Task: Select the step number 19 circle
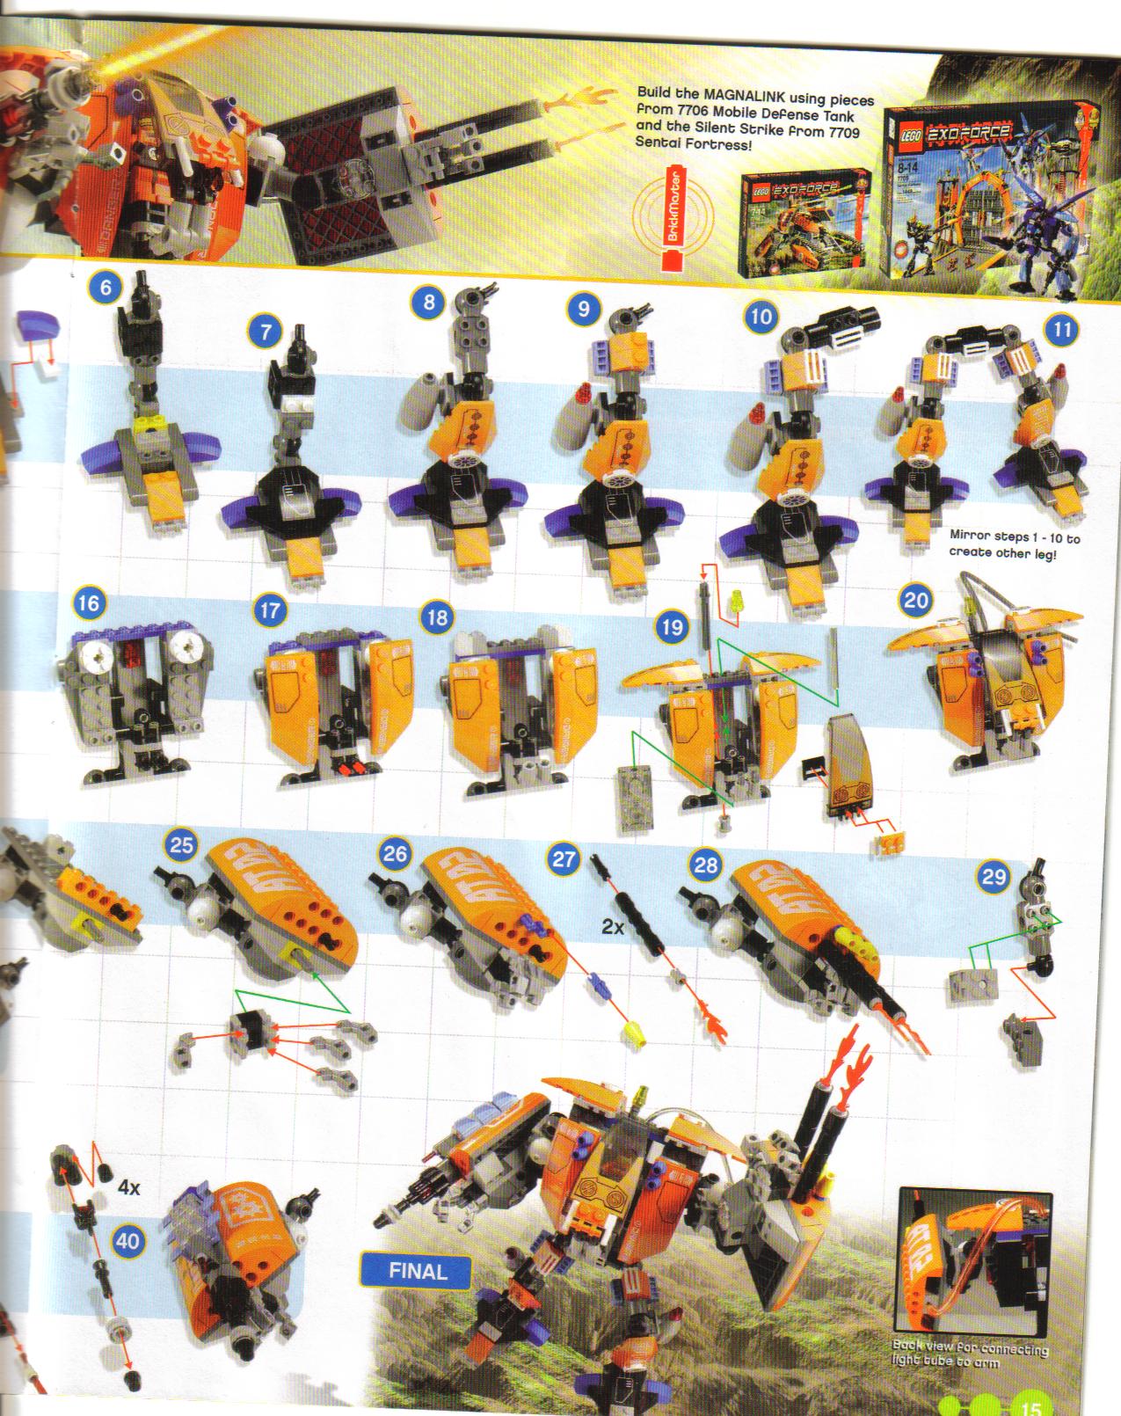(673, 627)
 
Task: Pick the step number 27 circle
(564, 858)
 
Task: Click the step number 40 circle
(128, 1240)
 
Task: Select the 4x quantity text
(129, 1187)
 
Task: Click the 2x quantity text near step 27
(614, 926)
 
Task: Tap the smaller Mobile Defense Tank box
(803, 221)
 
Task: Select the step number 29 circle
(994, 877)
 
